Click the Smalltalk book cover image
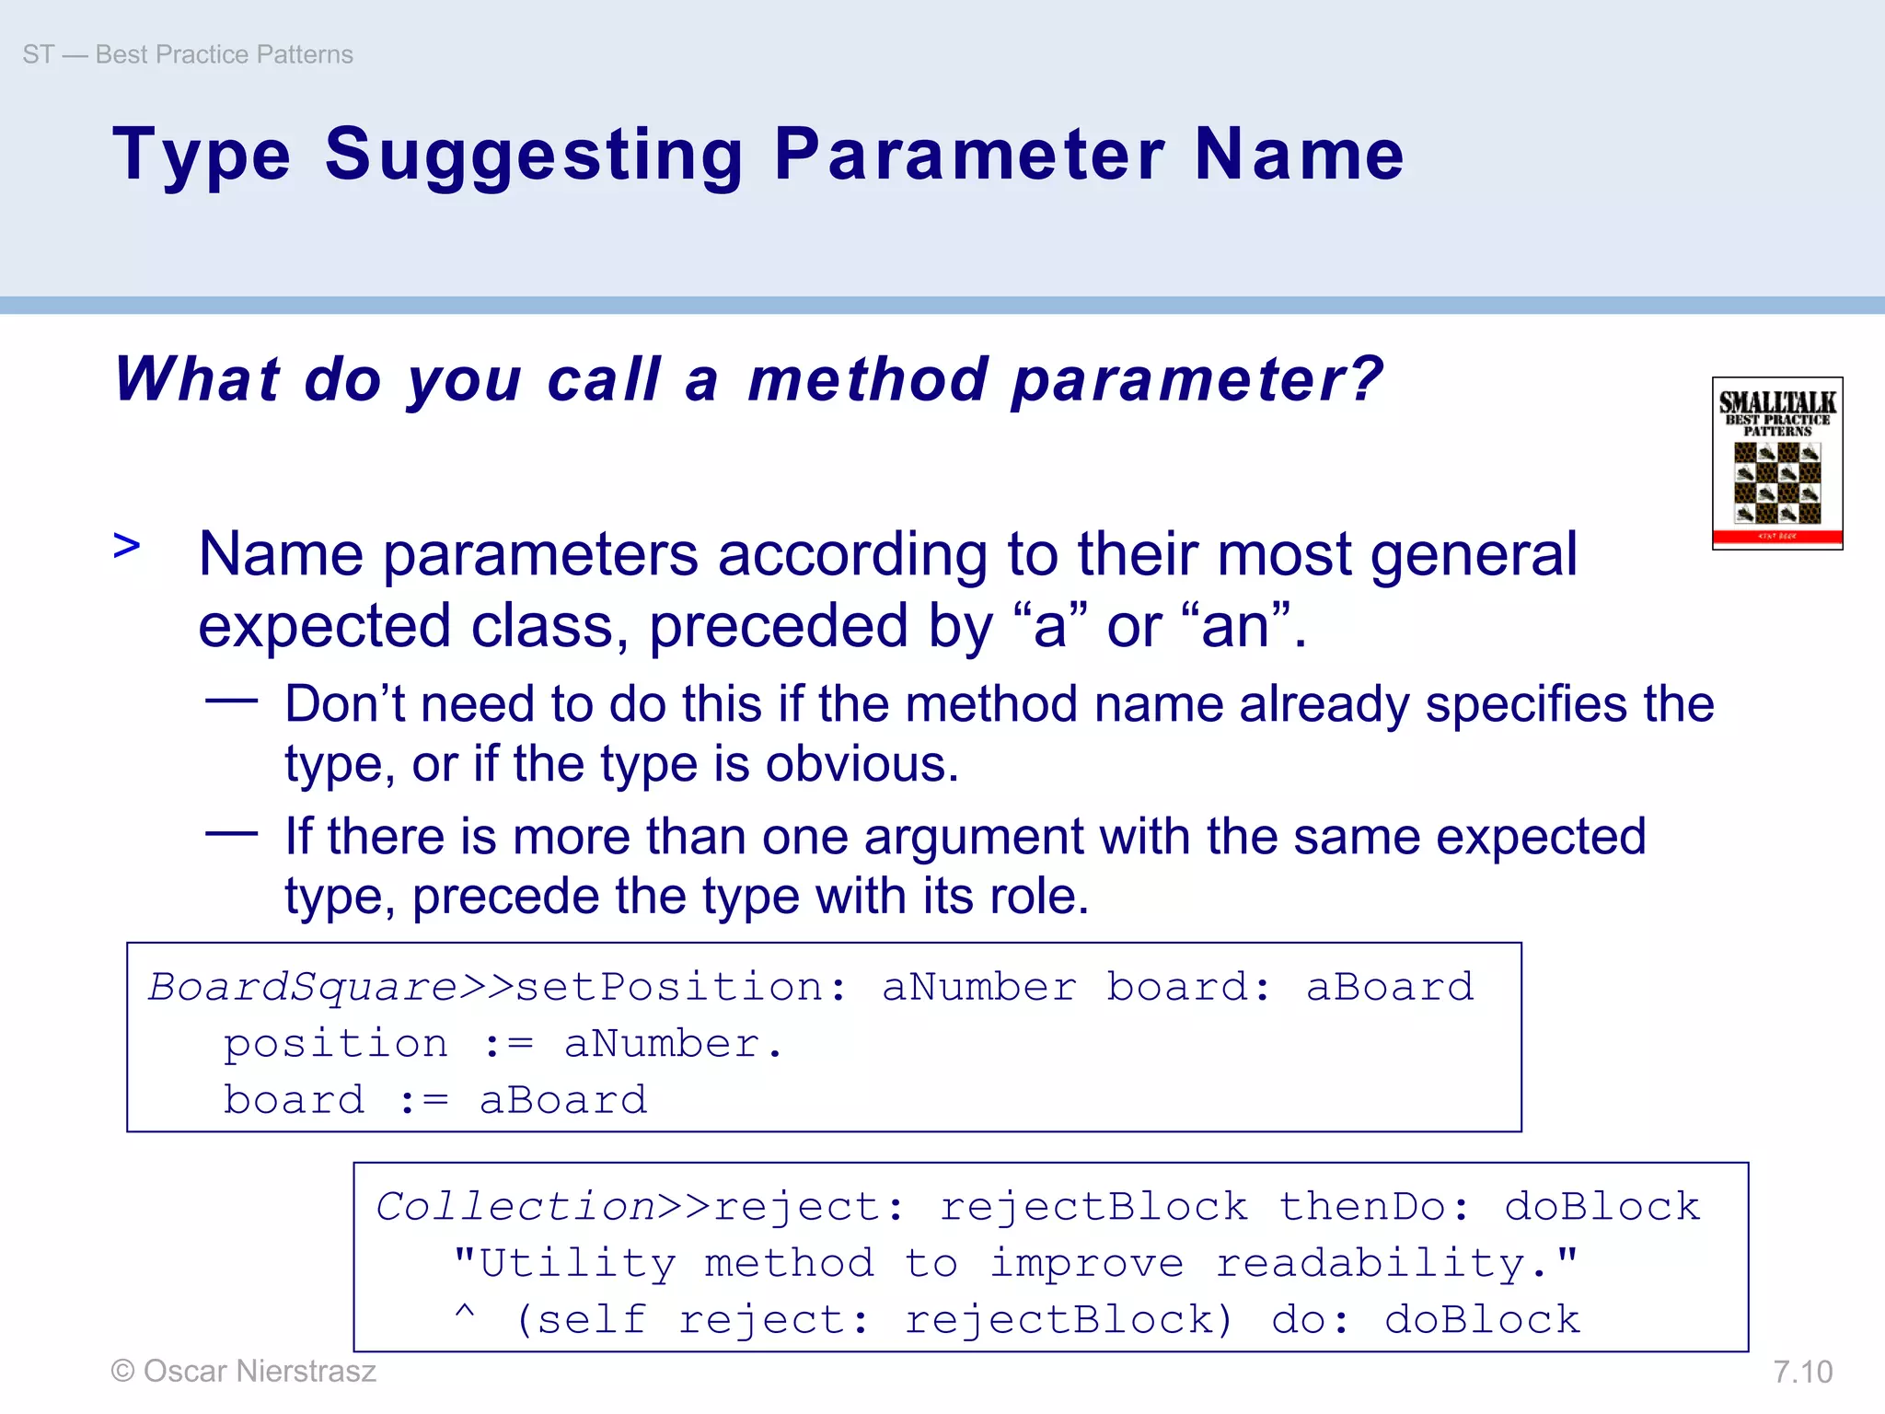pyautogui.click(x=1776, y=463)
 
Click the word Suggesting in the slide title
pyautogui.click(x=534, y=155)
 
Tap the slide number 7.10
pyautogui.click(x=1802, y=1372)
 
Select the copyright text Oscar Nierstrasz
pyautogui.click(x=244, y=1371)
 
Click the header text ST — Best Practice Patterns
pyautogui.click(x=188, y=54)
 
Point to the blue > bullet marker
pyautogui.click(x=127, y=545)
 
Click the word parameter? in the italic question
pyautogui.click(x=1197, y=379)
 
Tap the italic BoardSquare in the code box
pyautogui.click(x=303, y=987)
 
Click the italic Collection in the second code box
pyautogui.click(x=515, y=1207)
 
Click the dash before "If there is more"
pyautogui.click(x=231, y=834)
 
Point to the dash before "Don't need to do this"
pyautogui.click(x=231, y=701)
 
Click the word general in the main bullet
pyautogui.click(x=1474, y=554)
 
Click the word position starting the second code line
pyautogui.click(x=336, y=1044)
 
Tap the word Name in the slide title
pyautogui.click(x=1299, y=155)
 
